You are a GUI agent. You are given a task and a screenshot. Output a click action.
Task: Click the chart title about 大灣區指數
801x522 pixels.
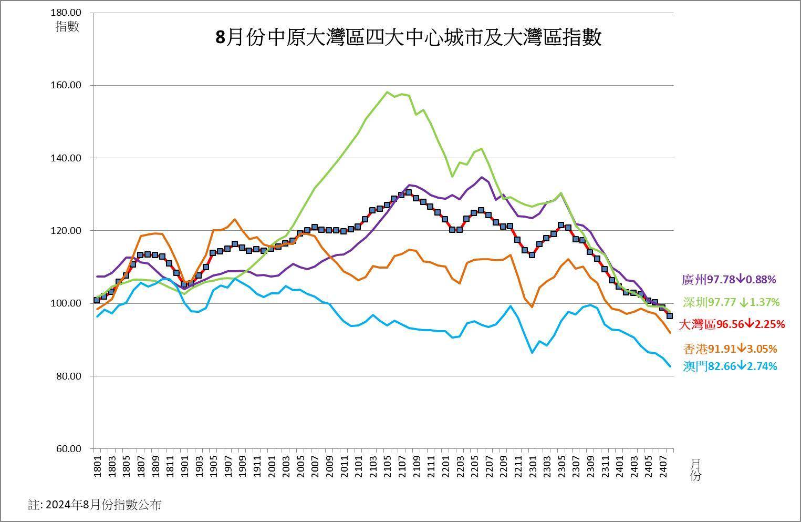point(408,38)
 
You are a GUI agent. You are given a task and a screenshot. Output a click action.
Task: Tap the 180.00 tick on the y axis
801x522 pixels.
point(67,12)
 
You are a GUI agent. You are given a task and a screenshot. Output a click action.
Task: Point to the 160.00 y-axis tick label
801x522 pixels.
point(67,85)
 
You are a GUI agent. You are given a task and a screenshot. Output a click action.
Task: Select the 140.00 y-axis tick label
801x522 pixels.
point(67,158)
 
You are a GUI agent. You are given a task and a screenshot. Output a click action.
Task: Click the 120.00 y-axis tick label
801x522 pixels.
point(67,231)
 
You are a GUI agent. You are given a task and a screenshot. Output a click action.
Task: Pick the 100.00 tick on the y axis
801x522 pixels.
point(67,303)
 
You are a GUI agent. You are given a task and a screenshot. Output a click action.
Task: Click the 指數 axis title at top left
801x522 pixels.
point(67,26)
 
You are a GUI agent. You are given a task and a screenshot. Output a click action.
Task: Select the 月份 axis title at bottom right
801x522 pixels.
point(695,469)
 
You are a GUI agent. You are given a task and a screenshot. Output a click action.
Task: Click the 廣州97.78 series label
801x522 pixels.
point(728,280)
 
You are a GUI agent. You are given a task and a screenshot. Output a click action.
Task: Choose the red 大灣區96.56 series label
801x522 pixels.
point(732,324)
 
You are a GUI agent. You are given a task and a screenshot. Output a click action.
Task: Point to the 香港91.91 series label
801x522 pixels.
point(730,349)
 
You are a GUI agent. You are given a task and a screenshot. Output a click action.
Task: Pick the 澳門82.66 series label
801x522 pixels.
point(730,366)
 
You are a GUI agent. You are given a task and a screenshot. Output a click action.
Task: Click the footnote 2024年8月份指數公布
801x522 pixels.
point(95,505)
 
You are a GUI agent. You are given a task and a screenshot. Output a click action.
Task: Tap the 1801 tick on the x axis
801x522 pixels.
point(97,466)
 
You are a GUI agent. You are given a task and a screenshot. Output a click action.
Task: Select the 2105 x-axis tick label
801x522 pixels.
point(386,466)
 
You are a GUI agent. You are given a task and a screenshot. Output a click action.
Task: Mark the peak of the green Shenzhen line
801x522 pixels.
point(387,92)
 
